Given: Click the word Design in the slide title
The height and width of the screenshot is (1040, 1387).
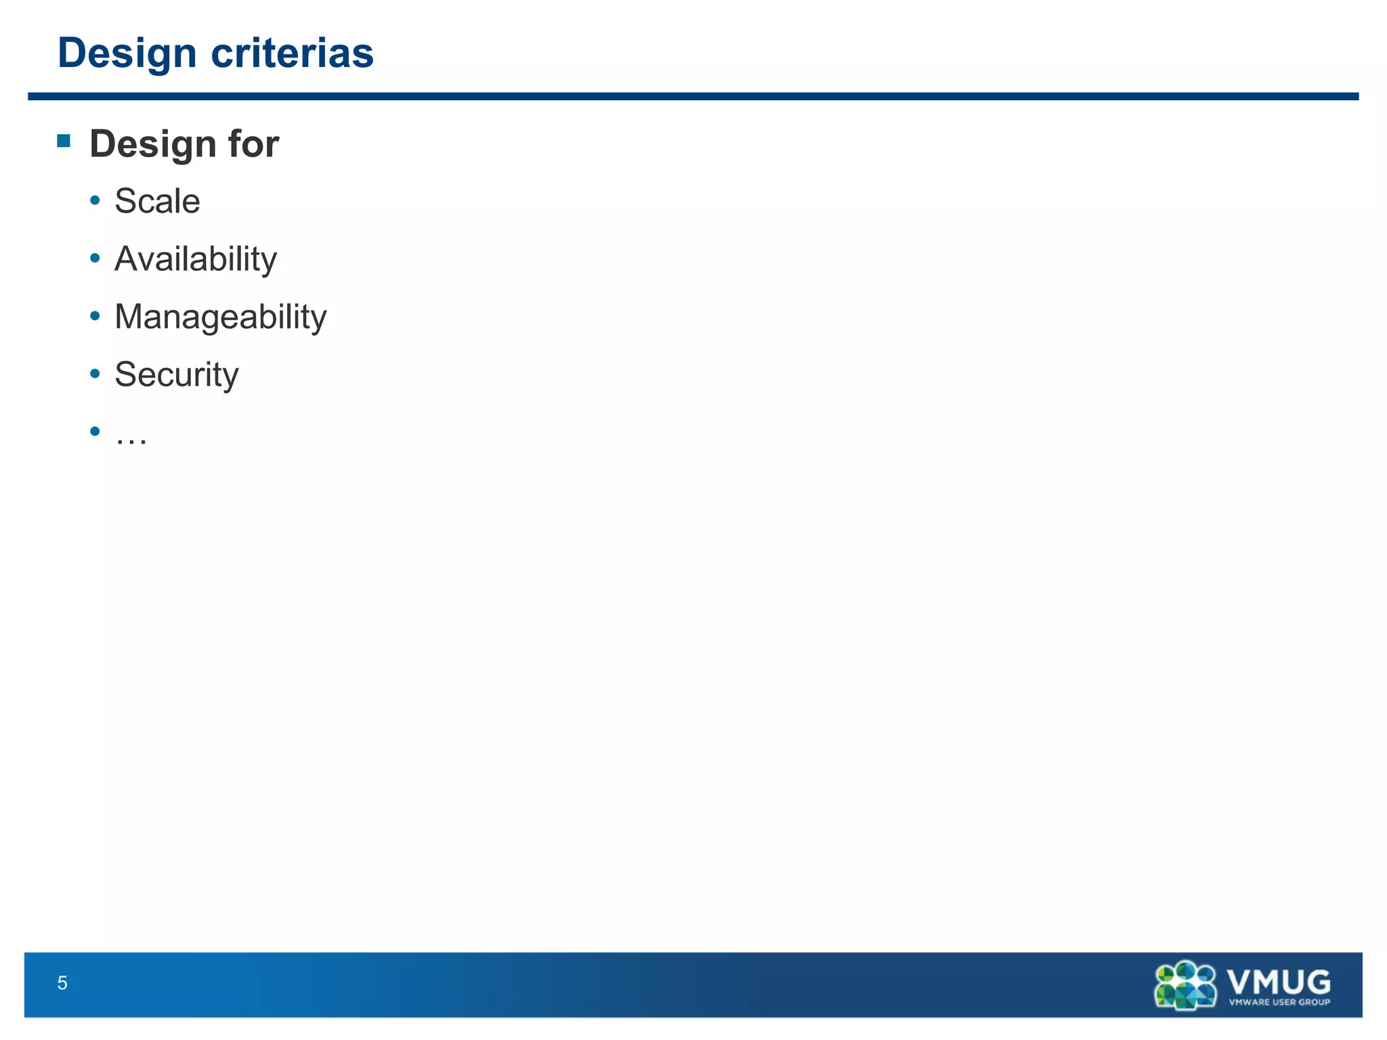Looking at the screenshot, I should click(x=127, y=53).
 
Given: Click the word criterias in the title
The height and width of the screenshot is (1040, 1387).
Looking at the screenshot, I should click(x=292, y=53).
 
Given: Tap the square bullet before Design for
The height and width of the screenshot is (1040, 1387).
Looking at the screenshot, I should click(x=64, y=141).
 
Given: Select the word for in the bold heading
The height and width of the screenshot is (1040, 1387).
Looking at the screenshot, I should click(x=253, y=144).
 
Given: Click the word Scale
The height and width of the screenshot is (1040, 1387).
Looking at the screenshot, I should click(x=157, y=201).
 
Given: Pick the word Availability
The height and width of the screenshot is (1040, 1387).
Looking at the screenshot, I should click(x=196, y=259).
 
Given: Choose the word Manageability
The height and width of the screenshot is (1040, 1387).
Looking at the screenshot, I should click(x=221, y=317).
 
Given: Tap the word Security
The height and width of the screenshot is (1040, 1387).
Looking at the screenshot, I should click(x=177, y=374).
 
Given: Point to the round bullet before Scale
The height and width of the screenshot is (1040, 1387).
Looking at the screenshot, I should click(x=95, y=200).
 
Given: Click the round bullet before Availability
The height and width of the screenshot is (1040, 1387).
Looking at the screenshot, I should click(x=95, y=258).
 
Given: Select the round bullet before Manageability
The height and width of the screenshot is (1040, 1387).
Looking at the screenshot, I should click(x=95, y=316).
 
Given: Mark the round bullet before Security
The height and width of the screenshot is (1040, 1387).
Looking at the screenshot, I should click(x=95, y=373).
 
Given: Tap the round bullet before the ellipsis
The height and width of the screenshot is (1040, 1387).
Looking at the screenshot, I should click(x=95, y=431).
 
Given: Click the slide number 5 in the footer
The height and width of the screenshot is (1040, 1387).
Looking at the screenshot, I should click(x=62, y=983).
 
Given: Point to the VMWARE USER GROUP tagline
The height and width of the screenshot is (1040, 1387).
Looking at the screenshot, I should click(x=1279, y=1003).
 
